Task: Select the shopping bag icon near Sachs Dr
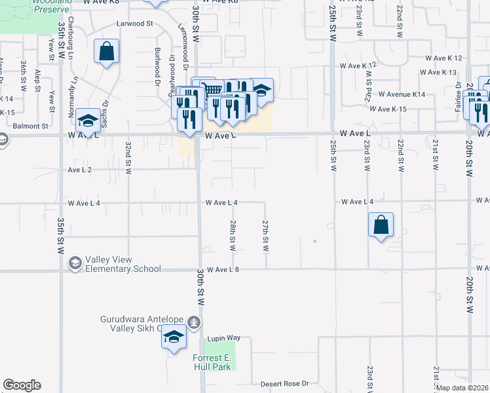pos(106,52)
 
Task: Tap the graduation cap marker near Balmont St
pos(88,121)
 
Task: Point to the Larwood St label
pos(134,23)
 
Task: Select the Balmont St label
pos(31,126)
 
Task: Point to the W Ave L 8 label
pos(223,270)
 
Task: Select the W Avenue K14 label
pos(402,95)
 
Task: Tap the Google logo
pos(22,385)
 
